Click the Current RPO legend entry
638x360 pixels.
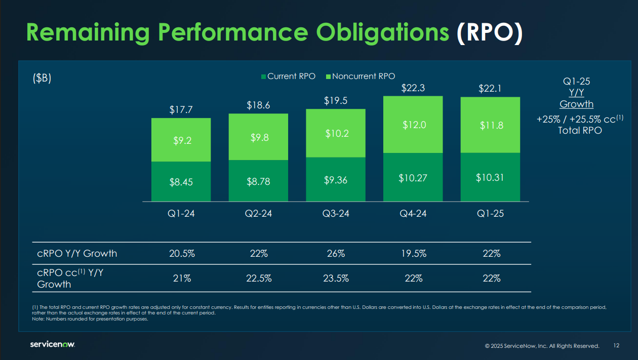click(x=288, y=76)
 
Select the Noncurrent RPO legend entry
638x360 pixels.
click(x=360, y=76)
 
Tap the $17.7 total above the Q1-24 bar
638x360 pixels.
click(x=181, y=109)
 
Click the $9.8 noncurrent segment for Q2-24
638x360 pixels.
click(x=258, y=137)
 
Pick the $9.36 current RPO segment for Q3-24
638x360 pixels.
click(x=336, y=179)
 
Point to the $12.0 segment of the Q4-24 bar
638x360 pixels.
click(x=413, y=125)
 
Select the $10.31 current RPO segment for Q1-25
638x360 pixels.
click(x=490, y=177)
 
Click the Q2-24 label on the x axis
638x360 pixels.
click(x=258, y=214)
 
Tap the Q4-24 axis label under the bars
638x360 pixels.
click(x=413, y=214)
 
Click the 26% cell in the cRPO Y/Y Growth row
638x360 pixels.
click(x=336, y=254)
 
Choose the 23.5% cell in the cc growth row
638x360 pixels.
click(x=336, y=278)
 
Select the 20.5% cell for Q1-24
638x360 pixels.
click(x=181, y=254)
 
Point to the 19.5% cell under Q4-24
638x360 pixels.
click(x=413, y=254)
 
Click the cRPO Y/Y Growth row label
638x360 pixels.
click(x=77, y=254)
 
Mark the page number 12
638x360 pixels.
click(x=616, y=346)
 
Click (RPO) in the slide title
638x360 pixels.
click(x=489, y=32)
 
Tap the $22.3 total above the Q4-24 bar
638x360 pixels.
click(x=413, y=88)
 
